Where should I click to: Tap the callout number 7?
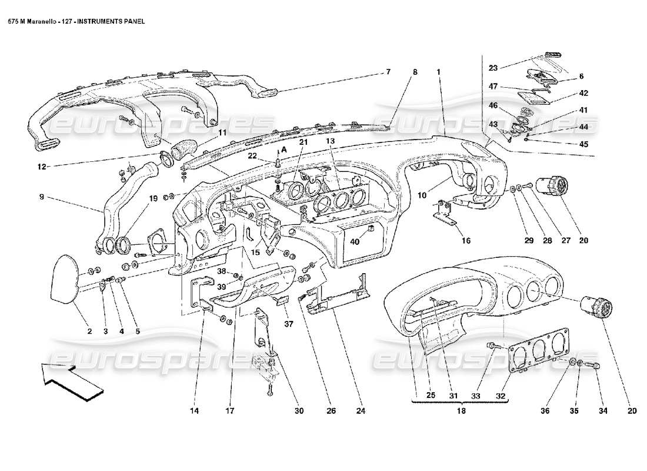tap(388, 72)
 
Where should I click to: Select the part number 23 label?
tap(492, 68)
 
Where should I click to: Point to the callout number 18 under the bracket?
tap(461, 412)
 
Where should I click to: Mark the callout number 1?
tap(438, 72)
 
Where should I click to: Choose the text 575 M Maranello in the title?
tap(32, 19)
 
